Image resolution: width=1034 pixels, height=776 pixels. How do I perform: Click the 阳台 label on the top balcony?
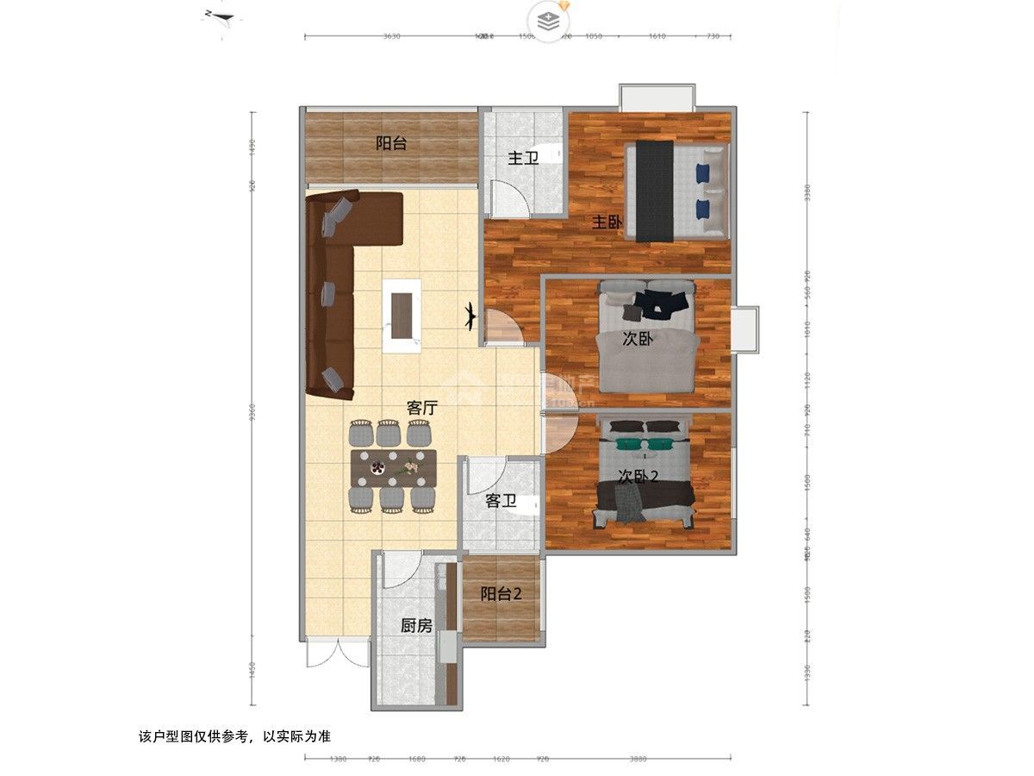391,144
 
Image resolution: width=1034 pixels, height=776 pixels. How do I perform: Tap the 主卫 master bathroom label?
522,159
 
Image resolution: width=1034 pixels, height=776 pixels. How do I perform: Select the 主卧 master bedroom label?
607,222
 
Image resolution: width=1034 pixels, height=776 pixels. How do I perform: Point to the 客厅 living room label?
420,408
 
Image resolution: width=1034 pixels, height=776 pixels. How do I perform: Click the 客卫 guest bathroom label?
501,500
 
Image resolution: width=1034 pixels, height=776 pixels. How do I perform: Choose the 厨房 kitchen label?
416,626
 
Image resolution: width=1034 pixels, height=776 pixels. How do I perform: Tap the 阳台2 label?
501,593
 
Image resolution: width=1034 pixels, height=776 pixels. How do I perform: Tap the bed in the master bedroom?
677,191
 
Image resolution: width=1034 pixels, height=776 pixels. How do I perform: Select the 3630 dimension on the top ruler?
391,36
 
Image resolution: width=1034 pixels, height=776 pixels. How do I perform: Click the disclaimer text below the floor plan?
234,737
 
